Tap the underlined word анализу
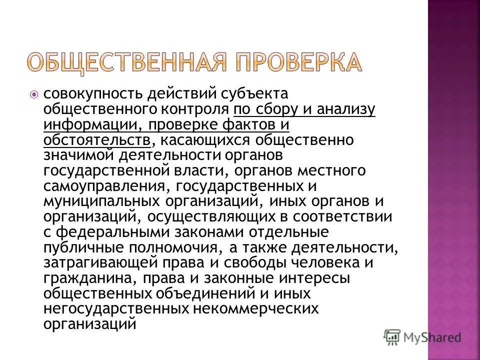tap(346, 109)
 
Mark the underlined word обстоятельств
tap(96, 139)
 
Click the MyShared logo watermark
tap(422, 337)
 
